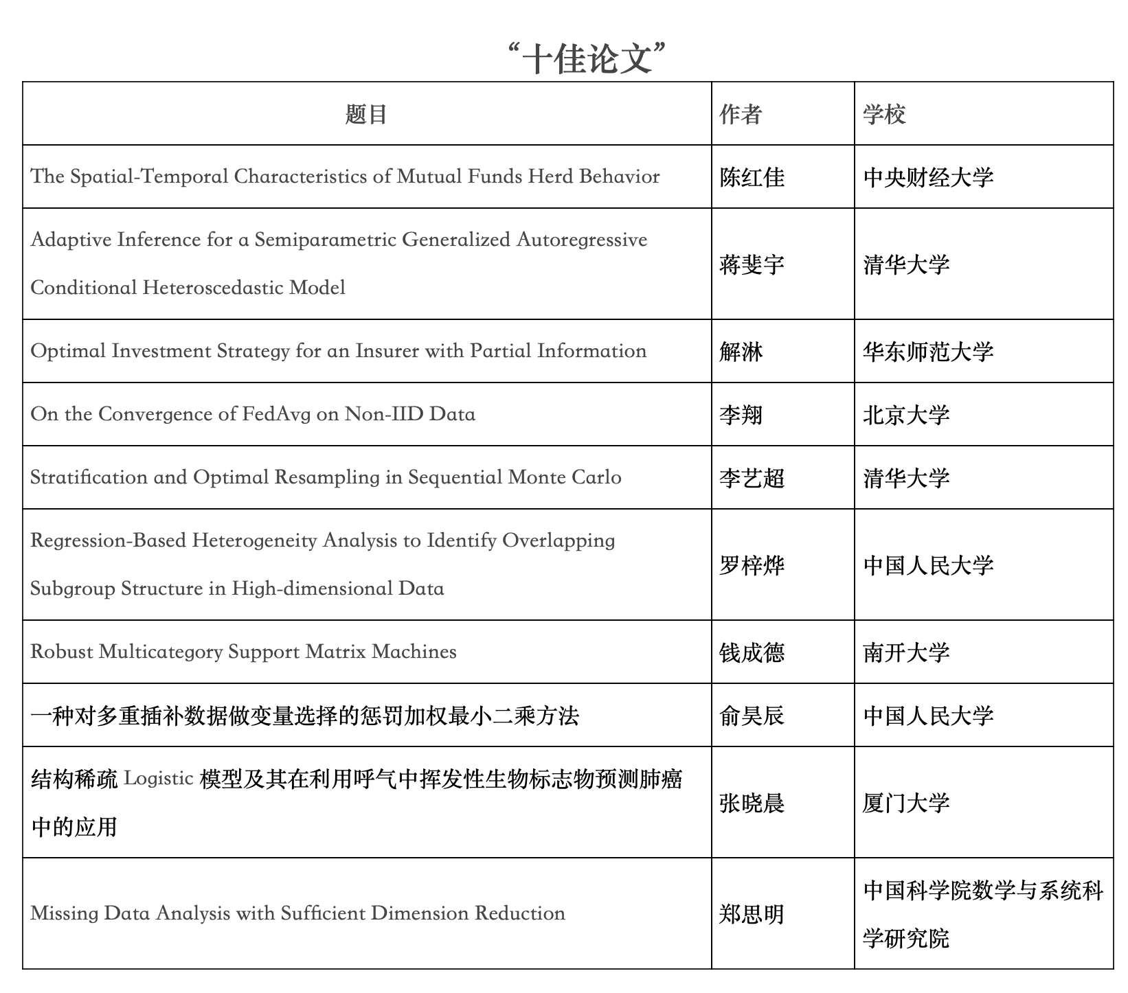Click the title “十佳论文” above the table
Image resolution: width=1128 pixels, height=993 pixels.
(587, 58)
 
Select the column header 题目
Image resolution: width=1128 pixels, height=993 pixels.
(366, 114)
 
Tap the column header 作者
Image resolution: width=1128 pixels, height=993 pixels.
(741, 114)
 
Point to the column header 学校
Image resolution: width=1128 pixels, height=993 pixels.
(884, 114)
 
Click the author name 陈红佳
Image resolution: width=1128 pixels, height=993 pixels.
(752, 177)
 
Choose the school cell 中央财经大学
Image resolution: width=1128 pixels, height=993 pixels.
(928, 177)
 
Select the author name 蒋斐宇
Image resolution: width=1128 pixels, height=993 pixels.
(752, 264)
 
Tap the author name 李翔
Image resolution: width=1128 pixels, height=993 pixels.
(741, 415)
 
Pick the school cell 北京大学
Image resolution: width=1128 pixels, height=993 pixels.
(906, 415)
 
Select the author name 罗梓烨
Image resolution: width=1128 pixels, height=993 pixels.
(752, 565)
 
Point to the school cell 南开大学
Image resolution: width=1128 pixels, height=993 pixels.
(906, 652)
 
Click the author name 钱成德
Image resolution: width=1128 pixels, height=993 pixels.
(752, 652)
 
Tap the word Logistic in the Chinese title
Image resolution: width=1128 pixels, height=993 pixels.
(158, 779)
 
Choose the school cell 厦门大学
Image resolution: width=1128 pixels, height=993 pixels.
(906, 803)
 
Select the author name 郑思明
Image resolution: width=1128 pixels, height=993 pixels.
(752, 914)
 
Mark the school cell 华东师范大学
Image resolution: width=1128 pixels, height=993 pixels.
(928, 352)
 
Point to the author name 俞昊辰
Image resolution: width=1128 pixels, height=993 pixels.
(752, 716)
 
